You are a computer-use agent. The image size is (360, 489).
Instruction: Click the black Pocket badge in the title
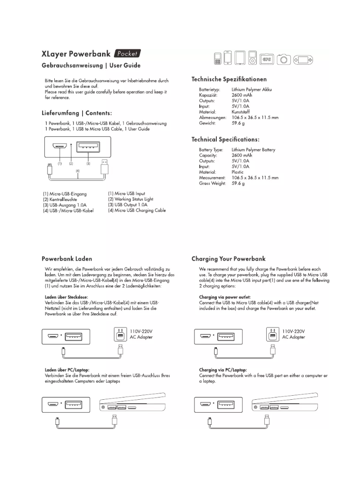tap(127, 54)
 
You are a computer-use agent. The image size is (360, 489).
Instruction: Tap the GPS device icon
tap(268, 59)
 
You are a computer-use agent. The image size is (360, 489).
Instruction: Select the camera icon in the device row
tap(284, 59)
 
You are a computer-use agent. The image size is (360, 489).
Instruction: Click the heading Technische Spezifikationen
tap(229, 79)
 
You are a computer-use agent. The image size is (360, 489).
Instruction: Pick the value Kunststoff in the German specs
tap(241, 112)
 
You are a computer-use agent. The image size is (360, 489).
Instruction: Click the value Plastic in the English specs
tap(238, 172)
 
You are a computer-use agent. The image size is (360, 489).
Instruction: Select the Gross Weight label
tap(212, 183)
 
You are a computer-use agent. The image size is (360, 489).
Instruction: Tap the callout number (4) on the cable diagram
tap(78, 170)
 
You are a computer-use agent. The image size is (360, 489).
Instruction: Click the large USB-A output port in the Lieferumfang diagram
tap(88, 146)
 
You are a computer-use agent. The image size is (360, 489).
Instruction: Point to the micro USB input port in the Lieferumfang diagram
tap(59, 146)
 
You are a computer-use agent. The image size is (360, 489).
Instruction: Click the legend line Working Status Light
tap(130, 199)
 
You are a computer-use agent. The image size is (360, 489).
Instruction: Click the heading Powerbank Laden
tap(67, 259)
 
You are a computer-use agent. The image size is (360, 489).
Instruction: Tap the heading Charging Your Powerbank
tap(228, 259)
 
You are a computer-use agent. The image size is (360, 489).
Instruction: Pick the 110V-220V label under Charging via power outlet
tap(294, 331)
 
